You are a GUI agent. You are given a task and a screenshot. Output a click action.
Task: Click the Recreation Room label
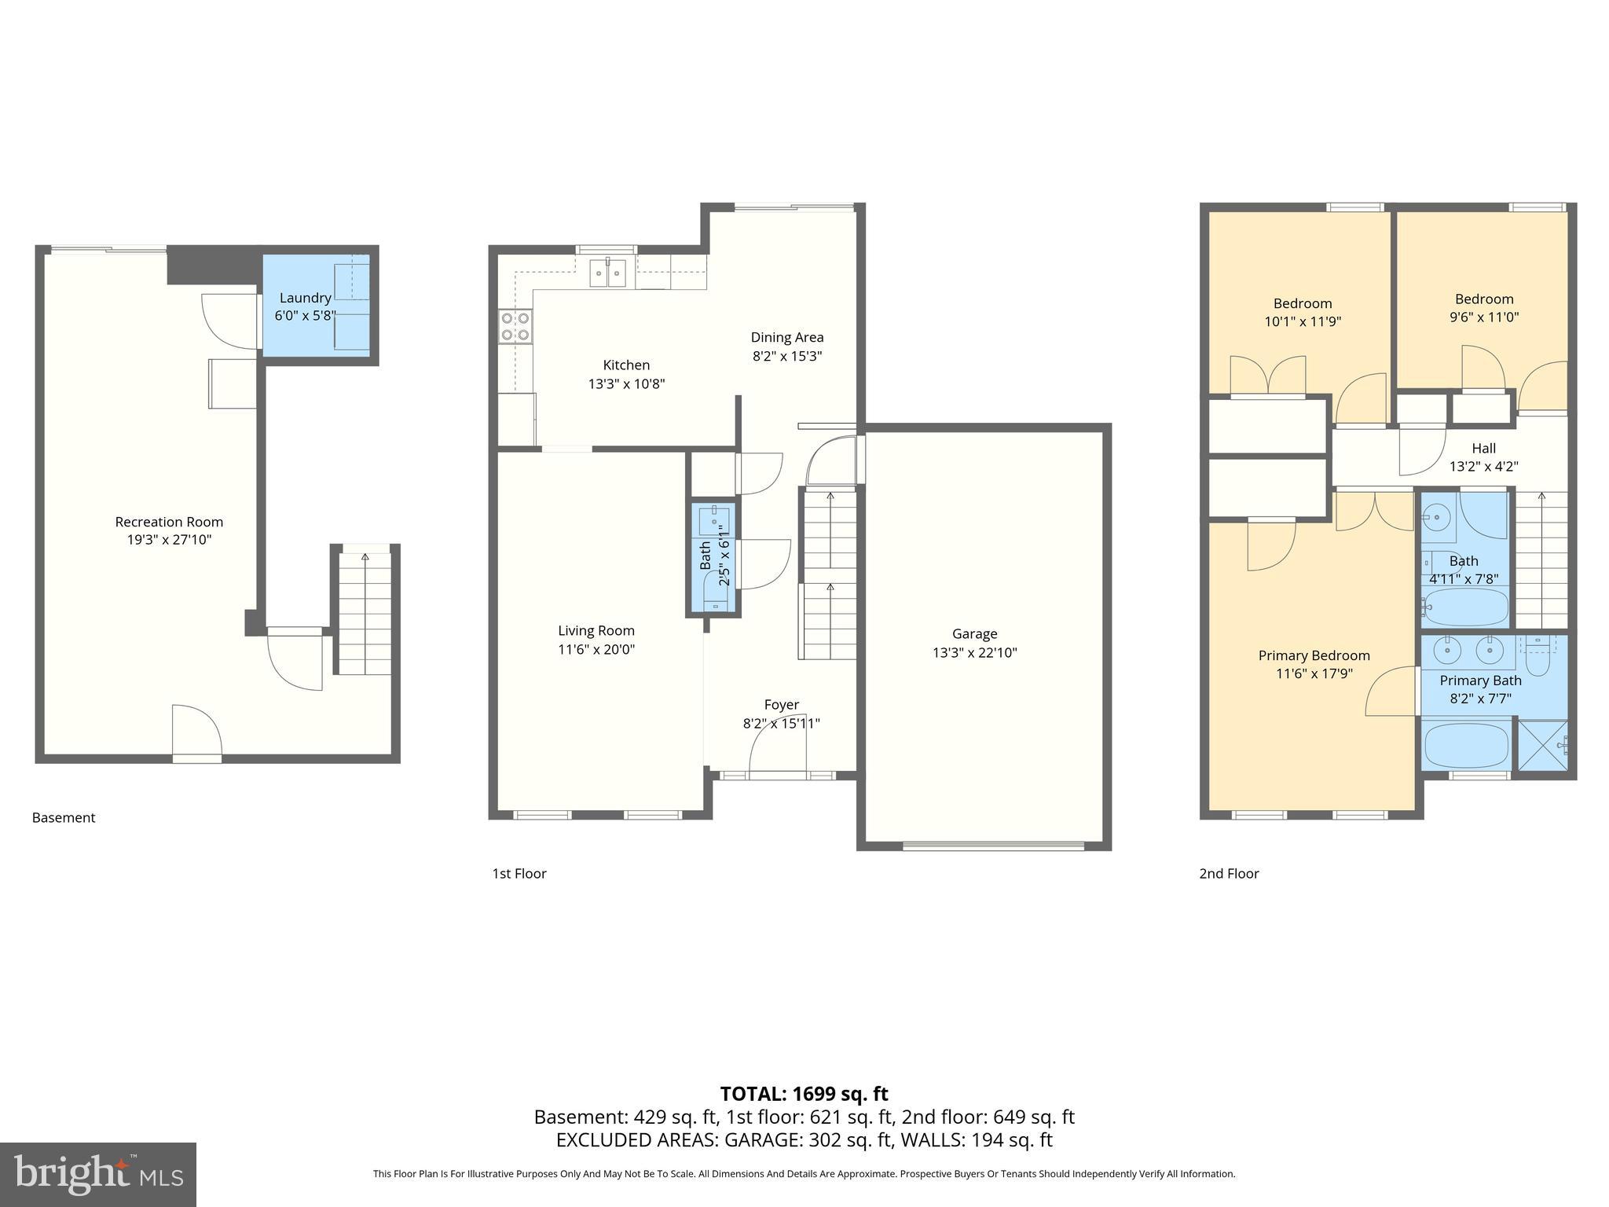click(x=169, y=522)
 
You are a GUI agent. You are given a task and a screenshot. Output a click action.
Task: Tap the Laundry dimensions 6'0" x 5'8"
click(x=305, y=316)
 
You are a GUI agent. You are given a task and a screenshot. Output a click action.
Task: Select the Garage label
click(x=974, y=633)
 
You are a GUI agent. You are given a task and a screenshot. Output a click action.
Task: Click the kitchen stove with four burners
click(x=515, y=326)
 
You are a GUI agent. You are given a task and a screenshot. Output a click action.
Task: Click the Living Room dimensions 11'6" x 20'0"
click(x=596, y=650)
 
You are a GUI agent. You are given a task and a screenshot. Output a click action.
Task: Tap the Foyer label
click(x=781, y=705)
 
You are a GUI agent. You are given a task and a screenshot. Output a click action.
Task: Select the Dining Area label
click(x=786, y=337)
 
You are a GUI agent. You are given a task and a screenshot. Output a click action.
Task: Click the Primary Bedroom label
click(x=1314, y=655)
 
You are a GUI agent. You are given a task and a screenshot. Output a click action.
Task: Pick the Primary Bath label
click(x=1480, y=681)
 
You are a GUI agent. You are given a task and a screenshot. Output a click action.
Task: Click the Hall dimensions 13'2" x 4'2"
click(x=1483, y=466)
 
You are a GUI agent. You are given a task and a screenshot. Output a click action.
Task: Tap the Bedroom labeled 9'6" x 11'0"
click(x=1483, y=299)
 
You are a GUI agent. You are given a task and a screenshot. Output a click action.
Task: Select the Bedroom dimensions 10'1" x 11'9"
click(x=1302, y=321)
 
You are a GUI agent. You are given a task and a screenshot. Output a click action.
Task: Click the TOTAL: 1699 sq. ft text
click(x=804, y=1094)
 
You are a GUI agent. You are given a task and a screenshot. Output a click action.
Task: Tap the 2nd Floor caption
click(x=1229, y=874)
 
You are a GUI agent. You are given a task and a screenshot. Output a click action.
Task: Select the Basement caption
click(x=64, y=818)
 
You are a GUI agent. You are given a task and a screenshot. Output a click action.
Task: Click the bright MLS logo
click(x=97, y=1175)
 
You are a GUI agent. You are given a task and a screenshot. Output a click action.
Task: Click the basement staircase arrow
click(x=365, y=557)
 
